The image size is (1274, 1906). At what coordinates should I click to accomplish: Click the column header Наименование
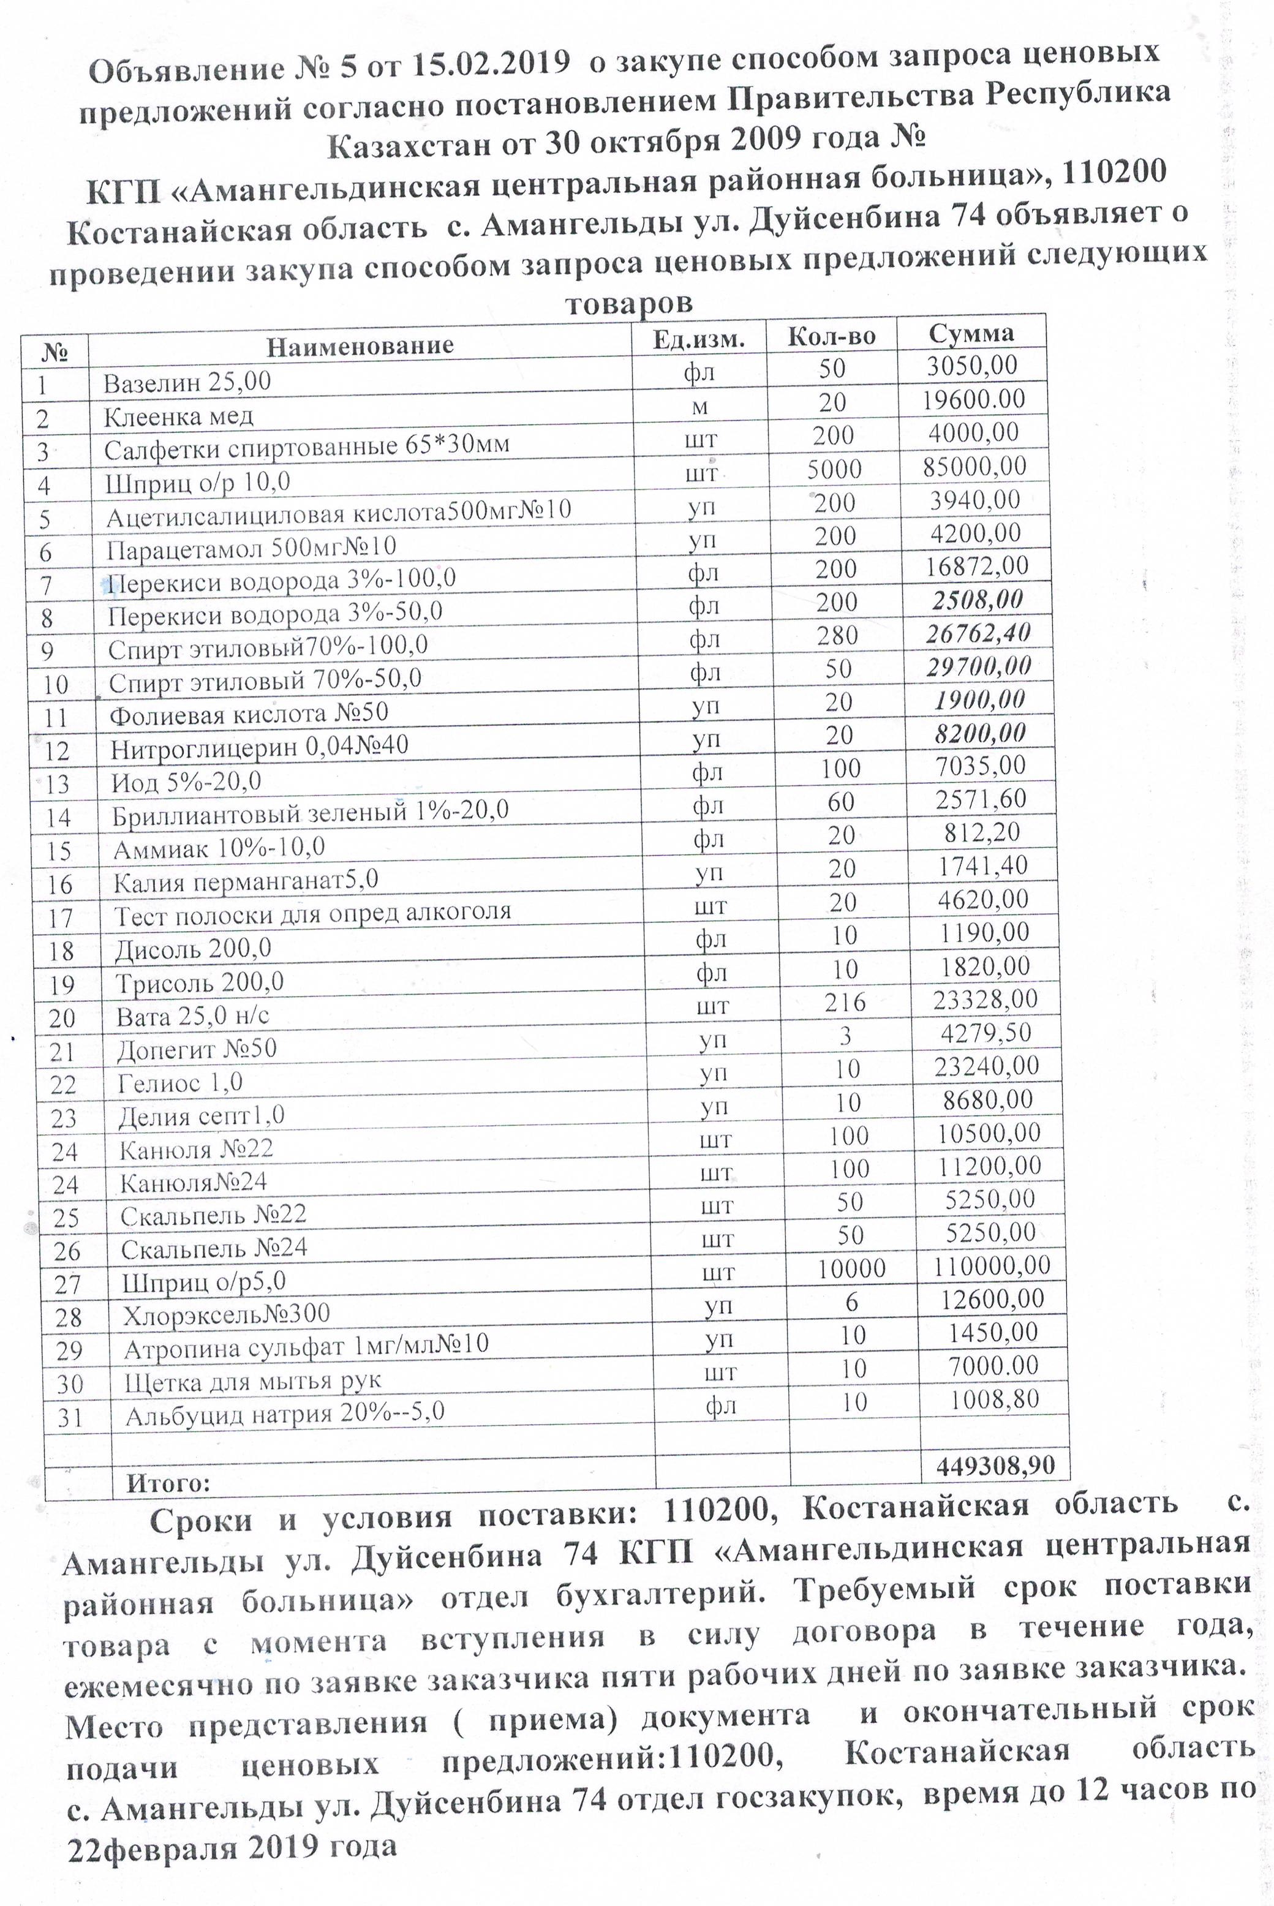pyautogui.click(x=360, y=345)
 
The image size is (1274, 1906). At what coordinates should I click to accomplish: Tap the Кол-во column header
pyautogui.click(x=831, y=336)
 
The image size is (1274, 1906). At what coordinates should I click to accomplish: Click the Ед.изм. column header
pyautogui.click(x=699, y=339)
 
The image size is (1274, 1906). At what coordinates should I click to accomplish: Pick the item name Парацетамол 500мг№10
pyautogui.click(x=251, y=547)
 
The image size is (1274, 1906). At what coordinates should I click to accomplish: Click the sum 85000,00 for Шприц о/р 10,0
pyautogui.click(x=974, y=466)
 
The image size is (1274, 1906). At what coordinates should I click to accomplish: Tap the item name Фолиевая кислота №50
pyautogui.click(x=249, y=712)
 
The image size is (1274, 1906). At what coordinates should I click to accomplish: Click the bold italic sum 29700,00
pyautogui.click(x=978, y=666)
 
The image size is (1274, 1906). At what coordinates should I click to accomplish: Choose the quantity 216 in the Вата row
pyautogui.click(x=845, y=1002)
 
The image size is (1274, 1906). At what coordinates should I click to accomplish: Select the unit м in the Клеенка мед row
pyautogui.click(x=699, y=406)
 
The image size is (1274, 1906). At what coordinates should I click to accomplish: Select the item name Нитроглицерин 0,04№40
pyautogui.click(x=259, y=746)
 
